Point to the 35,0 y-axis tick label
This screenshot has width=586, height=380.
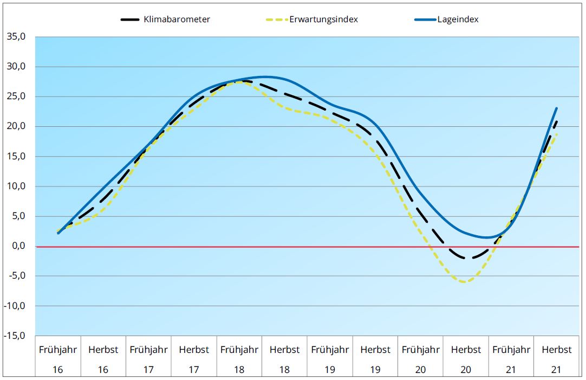[16, 37]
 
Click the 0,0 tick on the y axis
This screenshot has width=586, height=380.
[18, 246]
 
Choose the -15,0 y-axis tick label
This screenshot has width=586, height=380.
[16, 336]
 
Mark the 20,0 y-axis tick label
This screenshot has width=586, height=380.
[16, 126]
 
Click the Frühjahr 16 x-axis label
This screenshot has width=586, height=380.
[58, 359]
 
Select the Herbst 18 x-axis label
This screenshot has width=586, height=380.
[284, 359]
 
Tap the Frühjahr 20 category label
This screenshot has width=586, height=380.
[420, 359]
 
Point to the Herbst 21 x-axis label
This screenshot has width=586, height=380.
[556, 359]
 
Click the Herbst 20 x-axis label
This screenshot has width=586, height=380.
[466, 359]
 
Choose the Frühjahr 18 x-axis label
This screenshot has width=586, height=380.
[239, 359]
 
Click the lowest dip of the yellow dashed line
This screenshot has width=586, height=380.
[465, 282]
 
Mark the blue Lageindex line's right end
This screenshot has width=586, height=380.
[556, 108]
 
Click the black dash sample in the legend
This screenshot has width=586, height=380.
[132, 20]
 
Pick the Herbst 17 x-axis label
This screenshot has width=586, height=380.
[194, 359]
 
